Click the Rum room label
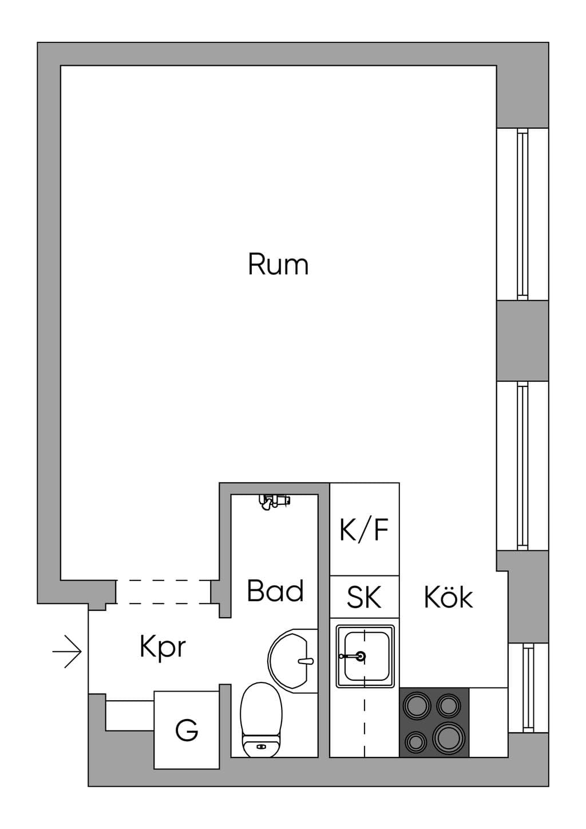pos(278,264)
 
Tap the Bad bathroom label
pos(275,590)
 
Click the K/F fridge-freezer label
pos(364,530)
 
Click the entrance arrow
pos(67,652)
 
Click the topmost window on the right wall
pos(522,214)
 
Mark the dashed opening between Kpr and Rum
pos(164,592)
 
